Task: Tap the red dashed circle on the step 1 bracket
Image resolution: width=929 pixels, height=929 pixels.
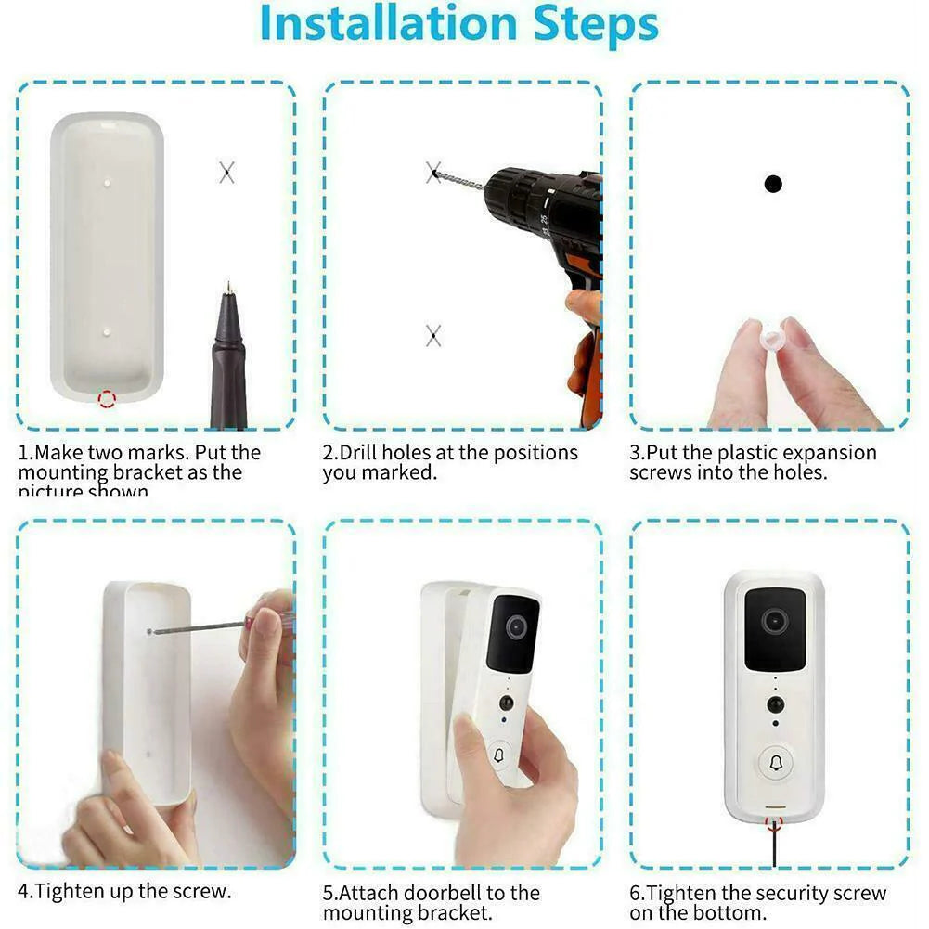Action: coord(108,400)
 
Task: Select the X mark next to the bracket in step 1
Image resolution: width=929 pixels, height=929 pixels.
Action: coord(226,172)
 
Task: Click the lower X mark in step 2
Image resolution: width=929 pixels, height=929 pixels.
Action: coord(432,336)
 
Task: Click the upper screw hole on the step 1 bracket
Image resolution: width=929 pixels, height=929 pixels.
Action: coord(108,182)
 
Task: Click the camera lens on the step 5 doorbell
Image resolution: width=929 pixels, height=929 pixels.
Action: coord(516,627)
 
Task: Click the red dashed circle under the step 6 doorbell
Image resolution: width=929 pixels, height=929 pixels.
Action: coord(773,823)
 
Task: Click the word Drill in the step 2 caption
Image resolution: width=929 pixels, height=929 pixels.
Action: coord(357,453)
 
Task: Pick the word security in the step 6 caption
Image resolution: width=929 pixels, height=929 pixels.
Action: coord(792,894)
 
